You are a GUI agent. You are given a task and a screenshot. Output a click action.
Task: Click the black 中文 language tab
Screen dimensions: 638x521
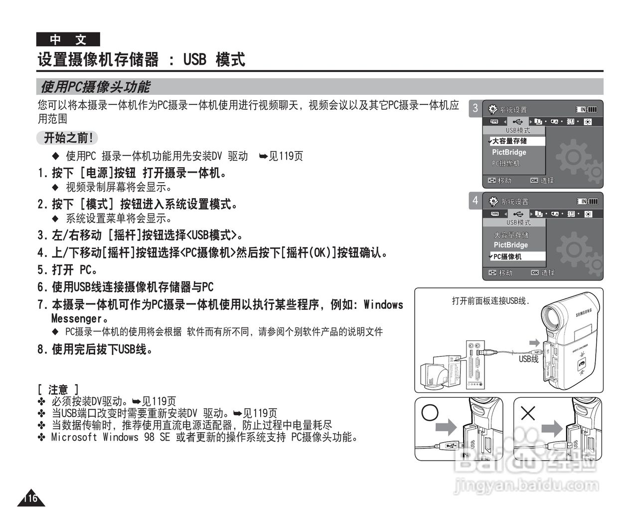coord(68,39)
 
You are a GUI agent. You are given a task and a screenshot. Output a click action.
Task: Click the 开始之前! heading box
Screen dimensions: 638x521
coord(68,138)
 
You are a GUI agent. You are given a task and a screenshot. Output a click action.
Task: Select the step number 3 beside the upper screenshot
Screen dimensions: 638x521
coord(475,108)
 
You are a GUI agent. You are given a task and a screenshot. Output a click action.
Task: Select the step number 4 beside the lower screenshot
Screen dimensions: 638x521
coord(475,201)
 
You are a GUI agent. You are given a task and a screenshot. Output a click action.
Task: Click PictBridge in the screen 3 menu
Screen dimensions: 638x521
coord(509,152)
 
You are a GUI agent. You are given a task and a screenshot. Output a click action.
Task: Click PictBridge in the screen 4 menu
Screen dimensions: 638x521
coord(510,245)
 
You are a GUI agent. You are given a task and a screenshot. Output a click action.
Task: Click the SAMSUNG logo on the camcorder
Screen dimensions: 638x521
coord(584,313)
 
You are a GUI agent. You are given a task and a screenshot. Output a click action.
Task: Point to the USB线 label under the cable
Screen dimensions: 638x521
coord(528,359)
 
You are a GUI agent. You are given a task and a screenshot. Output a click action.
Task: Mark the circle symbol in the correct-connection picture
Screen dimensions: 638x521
coord(430,412)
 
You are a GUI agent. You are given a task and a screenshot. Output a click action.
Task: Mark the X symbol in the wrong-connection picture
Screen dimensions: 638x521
coord(527,413)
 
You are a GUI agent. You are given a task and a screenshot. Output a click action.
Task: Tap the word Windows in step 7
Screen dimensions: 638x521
coord(383,304)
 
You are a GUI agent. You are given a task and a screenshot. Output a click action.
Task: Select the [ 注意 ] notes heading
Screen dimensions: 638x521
coord(58,389)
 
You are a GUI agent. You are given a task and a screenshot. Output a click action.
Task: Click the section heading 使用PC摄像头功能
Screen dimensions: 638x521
coord(95,87)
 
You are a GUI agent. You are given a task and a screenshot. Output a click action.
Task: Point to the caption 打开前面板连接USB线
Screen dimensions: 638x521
coord(490,301)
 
